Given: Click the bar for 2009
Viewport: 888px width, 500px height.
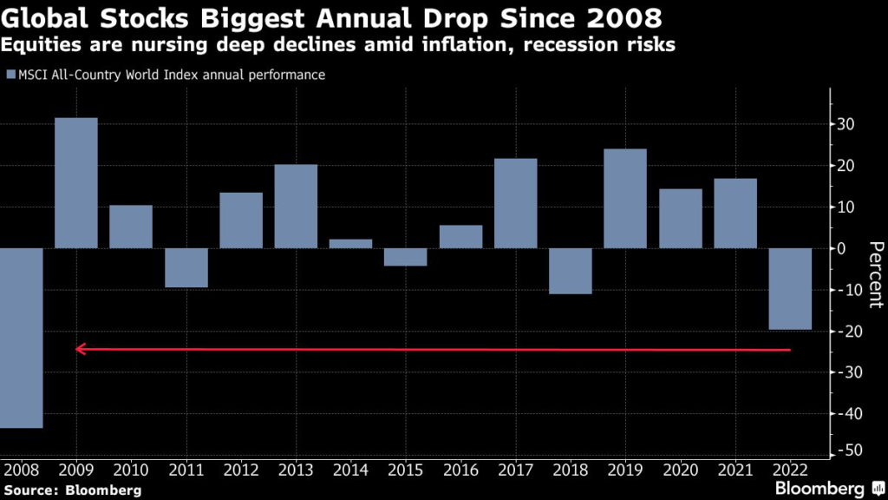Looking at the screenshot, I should pos(76,182).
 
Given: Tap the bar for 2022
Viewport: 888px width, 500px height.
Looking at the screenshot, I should pos(790,289).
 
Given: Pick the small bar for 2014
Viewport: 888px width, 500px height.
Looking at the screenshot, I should pos(351,244).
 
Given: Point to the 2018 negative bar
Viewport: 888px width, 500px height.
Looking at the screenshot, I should pos(571,271).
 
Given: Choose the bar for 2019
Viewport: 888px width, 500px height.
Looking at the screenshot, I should pos(625,199).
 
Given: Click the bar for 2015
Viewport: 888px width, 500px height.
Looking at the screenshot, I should pos(406,257).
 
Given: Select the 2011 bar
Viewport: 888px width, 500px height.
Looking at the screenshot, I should pos(186,267).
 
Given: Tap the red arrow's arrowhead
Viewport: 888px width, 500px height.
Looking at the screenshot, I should pos(81,349).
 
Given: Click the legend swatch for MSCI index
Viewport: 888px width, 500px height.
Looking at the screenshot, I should pos(10,76).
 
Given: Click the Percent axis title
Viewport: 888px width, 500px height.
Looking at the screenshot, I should pos(875,275).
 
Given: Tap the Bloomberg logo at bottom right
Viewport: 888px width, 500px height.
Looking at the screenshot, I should pos(831,488).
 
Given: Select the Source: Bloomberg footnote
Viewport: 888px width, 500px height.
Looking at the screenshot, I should pos(72,490).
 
